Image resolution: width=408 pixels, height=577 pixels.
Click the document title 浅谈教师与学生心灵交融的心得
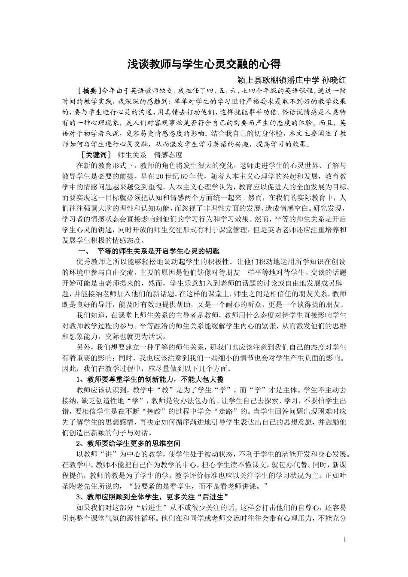204,64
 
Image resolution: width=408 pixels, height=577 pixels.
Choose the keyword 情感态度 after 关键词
168,155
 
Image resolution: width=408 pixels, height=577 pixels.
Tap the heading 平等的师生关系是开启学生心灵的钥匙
158,251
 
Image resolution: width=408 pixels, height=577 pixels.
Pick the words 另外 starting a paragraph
83,347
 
